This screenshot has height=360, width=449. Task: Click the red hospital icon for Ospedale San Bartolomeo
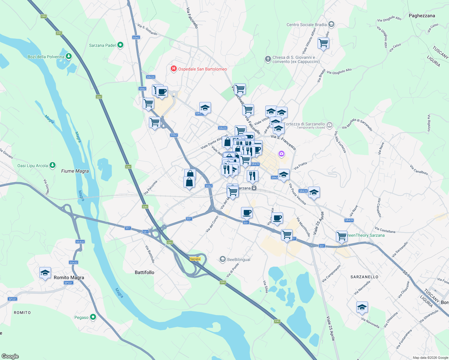pyautogui.click(x=173, y=69)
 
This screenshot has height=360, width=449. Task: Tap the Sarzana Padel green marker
pyautogui.click(x=120, y=45)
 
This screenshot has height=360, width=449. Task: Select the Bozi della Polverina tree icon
pyautogui.click(x=69, y=56)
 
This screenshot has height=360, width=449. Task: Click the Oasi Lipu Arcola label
pyautogui.click(x=33, y=166)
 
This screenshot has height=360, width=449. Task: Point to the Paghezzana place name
pyautogui.click(x=422, y=16)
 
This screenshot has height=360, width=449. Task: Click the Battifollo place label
pyautogui.click(x=144, y=272)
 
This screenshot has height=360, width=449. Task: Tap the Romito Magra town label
pyautogui.click(x=69, y=277)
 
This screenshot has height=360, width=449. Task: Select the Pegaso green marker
pyautogui.click(x=93, y=317)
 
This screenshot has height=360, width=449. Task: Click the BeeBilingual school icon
pyautogui.click(x=222, y=259)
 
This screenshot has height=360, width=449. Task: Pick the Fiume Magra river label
pyautogui.click(x=75, y=171)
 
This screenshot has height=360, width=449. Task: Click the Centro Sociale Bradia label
pyautogui.click(x=306, y=25)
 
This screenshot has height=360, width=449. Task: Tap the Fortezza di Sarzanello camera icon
pyautogui.click(x=330, y=124)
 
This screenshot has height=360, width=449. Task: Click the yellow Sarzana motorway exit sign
pyautogui.click(x=195, y=259)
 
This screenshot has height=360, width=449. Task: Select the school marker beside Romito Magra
pyautogui.click(x=45, y=273)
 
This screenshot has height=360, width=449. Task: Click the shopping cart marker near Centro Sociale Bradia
pyautogui.click(x=323, y=43)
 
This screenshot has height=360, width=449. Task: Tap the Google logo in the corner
pyautogui.click(x=10, y=356)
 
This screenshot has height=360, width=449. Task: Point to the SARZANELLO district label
pyautogui.click(x=364, y=277)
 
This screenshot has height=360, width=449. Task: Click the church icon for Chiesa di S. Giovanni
pyautogui.click(x=268, y=59)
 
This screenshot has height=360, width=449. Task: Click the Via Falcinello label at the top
pyautogui.click(x=192, y=18)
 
